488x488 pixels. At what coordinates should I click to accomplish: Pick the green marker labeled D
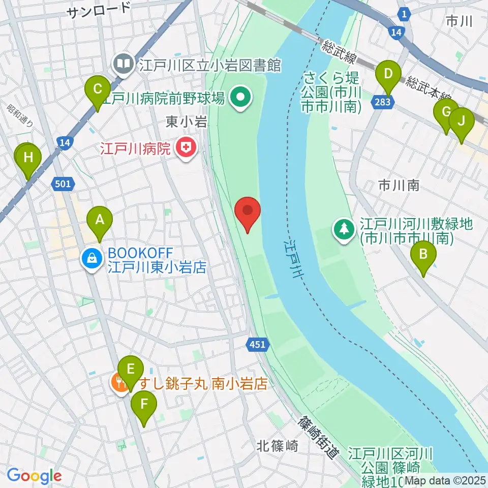click(x=388, y=74)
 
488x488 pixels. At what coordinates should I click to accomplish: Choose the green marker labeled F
click(x=144, y=405)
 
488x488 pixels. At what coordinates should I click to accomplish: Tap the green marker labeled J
click(x=461, y=122)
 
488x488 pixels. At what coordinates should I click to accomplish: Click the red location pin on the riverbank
click(x=248, y=211)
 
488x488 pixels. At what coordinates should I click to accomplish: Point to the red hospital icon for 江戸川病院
click(x=186, y=149)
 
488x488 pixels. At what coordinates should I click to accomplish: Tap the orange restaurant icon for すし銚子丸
click(x=120, y=382)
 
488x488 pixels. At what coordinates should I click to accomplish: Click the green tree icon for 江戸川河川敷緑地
click(x=345, y=229)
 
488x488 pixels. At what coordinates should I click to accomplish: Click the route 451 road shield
click(x=257, y=345)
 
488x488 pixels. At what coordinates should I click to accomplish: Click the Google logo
click(x=34, y=476)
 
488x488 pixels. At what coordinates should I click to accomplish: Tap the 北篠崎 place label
click(x=277, y=446)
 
